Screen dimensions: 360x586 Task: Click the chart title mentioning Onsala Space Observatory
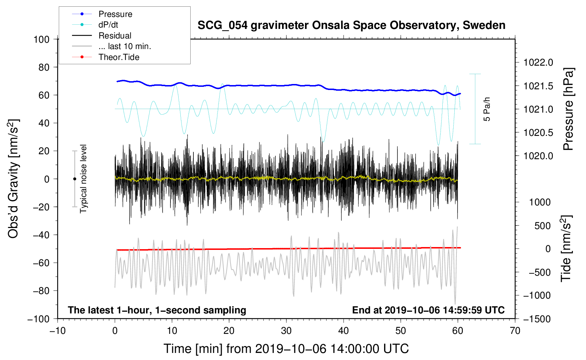pos(351,25)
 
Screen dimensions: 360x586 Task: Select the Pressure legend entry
pos(115,14)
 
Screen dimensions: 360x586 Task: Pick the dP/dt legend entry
pos(108,25)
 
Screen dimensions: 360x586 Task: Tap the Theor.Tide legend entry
pos(119,57)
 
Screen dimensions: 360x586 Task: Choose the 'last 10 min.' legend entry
pos(125,46)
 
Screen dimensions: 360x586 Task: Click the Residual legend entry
pos(115,36)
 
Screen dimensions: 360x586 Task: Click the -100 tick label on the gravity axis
pos(39,319)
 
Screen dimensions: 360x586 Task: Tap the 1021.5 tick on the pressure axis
pos(538,86)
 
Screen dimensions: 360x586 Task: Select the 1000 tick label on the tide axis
pos(540,202)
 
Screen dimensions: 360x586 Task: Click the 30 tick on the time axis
pos(286,331)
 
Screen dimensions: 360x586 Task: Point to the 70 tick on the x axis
pos(515,331)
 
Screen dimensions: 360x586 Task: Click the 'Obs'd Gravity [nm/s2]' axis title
pos(13,179)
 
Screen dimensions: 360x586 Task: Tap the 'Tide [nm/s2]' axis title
pos(566,248)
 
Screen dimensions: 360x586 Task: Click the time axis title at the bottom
pos(286,349)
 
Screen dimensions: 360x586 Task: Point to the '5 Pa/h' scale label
pos(487,109)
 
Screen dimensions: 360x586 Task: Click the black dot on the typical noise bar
pos(74,179)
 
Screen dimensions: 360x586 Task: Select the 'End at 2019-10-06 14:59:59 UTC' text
pos(428,310)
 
